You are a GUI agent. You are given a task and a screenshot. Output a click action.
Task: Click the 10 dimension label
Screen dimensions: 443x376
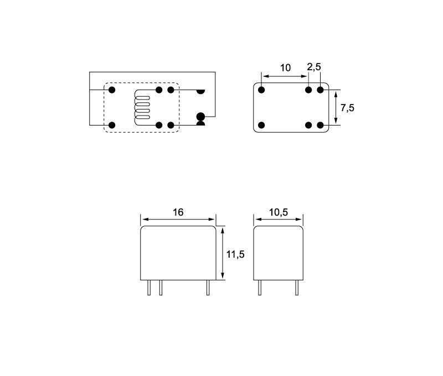(x=285, y=67)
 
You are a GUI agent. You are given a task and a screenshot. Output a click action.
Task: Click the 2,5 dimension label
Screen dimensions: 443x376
(x=314, y=67)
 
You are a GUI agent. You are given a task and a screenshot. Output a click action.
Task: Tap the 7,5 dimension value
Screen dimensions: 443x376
(x=347, y=108)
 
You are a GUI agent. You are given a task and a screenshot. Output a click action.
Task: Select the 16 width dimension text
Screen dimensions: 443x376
(x=178, y=212)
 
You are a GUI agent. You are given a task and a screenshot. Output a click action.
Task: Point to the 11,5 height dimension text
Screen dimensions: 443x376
(x=235, y=254)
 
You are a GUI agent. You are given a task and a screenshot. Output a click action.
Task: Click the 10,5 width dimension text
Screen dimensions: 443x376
(x=279, y=212)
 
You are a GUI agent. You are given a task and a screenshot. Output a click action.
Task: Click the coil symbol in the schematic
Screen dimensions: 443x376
(x=142, y=107)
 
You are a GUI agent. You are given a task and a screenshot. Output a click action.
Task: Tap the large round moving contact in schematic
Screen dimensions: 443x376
(x=200, y=116)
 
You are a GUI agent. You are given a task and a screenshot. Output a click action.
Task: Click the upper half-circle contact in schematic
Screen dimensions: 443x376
(x=200, y=92)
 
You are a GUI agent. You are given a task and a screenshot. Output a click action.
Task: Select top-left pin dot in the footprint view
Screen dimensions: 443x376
(x=261, y=90)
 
